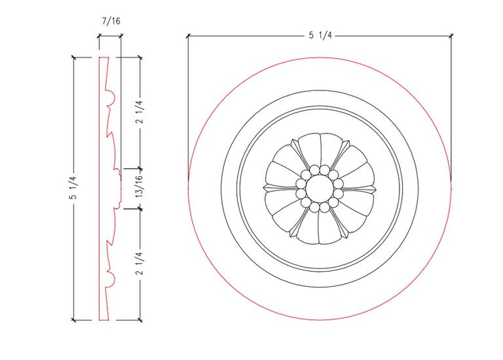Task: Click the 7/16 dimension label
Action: [111, 21]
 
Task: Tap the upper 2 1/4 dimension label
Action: [140, 112]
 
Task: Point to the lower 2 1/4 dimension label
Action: [140, 264]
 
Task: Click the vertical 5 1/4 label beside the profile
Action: [73, 188]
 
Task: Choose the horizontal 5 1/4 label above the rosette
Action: [320, 35]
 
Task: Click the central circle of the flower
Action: [319, 189]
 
